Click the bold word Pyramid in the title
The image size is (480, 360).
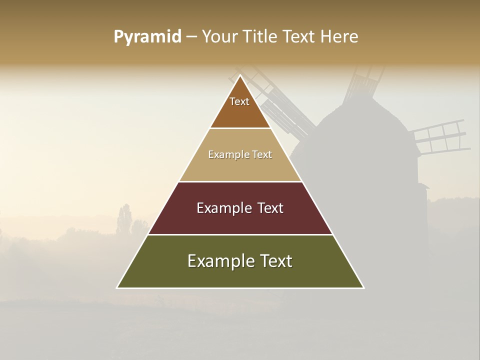click(x=147, y=37)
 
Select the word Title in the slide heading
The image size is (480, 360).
click(x=261, y=37)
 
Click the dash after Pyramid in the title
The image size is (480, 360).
click(x=191, y=37)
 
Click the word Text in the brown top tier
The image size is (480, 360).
click(x=239, y=101)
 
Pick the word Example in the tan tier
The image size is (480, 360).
click(x=225, y=154)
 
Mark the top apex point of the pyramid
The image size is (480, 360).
click(x=240, y=75)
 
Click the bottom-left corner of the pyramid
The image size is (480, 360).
click(x=117, y=287)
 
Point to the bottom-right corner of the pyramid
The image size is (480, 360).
click(x=363, y=287)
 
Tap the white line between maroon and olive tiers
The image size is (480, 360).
click(x=240, y=234)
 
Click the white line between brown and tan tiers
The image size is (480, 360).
click(x=240, y=128)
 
